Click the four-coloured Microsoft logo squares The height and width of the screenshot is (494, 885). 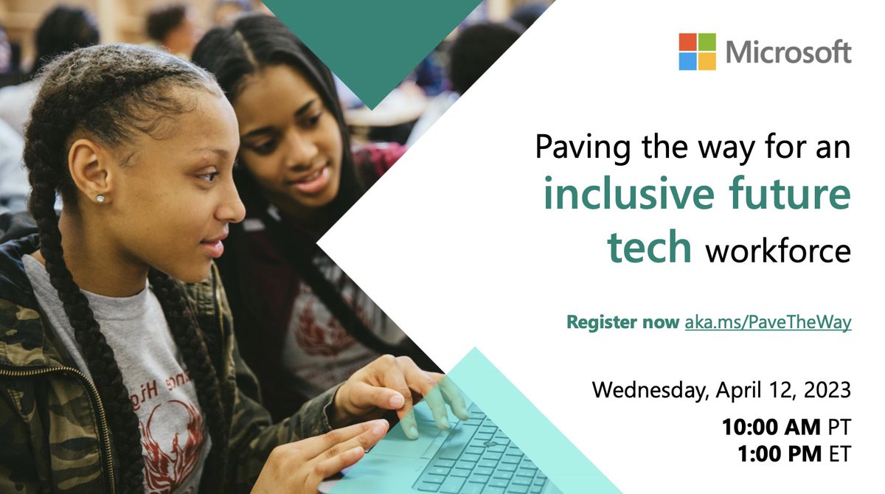pyautogui.click(x=697, y=52)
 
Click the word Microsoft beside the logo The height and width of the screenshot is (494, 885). pyautogui.click(x=788, y=52)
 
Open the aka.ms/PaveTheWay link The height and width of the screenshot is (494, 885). pyautogui.click(x=768, y=322)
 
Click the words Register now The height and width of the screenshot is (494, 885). pyautogui.click(x=622, y=322)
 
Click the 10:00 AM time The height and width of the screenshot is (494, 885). pyautogui.click(x=771, y=426)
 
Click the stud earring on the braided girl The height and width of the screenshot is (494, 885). pyautogui.click(x=99, y=198)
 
